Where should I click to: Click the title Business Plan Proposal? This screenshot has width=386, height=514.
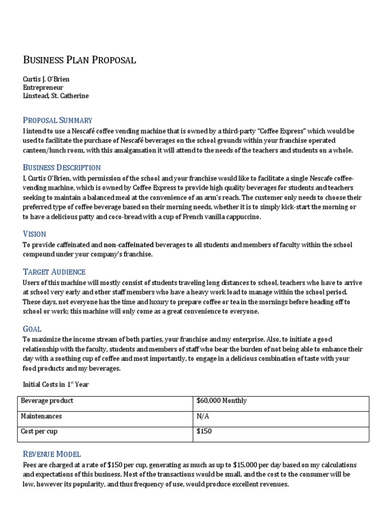point(79,60)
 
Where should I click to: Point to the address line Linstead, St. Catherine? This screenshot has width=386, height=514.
point(56,95)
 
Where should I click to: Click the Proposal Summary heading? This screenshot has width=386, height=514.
point(57,120)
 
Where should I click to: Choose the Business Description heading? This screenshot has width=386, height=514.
point(62,167)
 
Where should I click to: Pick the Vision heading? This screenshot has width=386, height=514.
point(35,234)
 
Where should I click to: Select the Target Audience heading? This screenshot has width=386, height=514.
point(54,272)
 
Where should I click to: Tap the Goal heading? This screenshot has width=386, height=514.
point(32,329)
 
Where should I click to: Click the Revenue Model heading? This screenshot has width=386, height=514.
point(52,454)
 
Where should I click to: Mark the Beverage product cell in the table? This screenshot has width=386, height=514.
point(47,401)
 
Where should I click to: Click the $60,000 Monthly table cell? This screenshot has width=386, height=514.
point(222,401)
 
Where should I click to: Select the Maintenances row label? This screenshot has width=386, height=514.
point(41,417)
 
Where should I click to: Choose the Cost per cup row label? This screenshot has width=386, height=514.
point(42,432)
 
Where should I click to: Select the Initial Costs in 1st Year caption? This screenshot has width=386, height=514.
point(56,384)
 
